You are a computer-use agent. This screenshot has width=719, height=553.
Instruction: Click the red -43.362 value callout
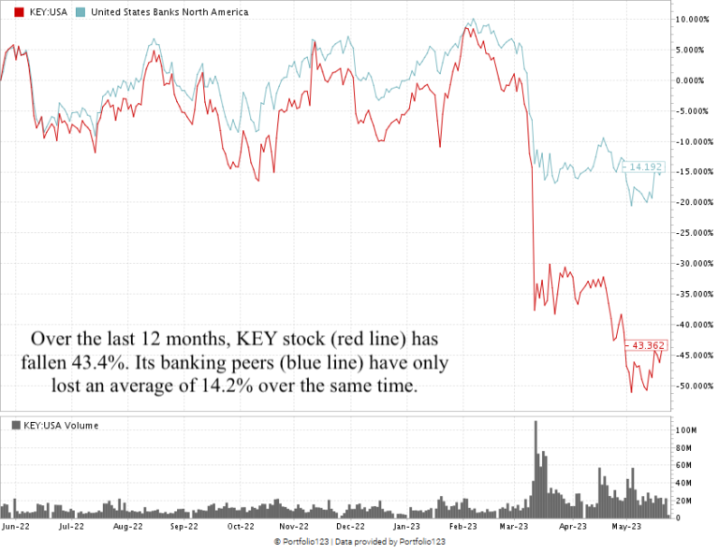pyautogui.click(x=645, y=345)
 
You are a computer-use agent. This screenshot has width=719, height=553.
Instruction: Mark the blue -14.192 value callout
pyautogui.click(x=645, y=167)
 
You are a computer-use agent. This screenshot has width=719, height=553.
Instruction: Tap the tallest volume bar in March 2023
pyautogui.click(x=536, y=468)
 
